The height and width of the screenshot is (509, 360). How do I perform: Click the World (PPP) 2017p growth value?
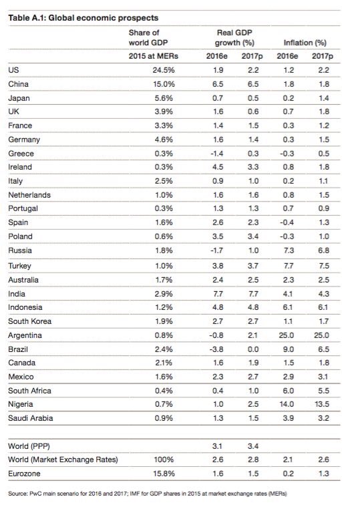252,446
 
